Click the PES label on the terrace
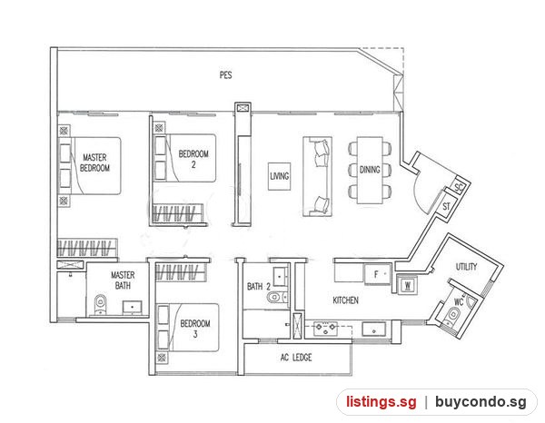pos(225,75)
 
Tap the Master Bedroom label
pos(94,162)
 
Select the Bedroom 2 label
pos(193,159)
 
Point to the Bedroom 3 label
pos(195,329)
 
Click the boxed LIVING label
pos(280,176)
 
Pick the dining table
pos(370,170)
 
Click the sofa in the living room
pos(317,176)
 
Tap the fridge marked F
pos(378,274)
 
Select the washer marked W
pos(407,286)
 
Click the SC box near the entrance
pos(459,187)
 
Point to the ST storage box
pos(447,206)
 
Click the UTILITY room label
pos(466,267)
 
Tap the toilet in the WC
pos(453,315)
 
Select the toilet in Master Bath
pos(100,303)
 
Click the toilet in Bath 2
pos(275,297)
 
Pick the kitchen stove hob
pos(325,329)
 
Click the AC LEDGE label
pos(296,358)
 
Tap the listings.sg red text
pos(381,402)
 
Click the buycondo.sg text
pos(481,402)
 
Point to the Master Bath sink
pos(132,307)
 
